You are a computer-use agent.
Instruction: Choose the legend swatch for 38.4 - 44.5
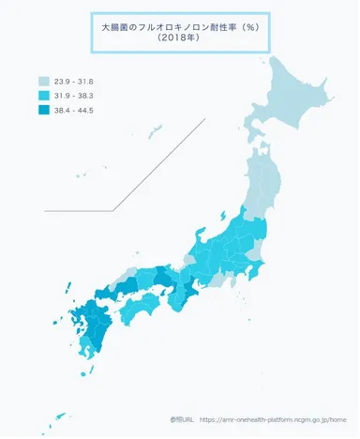[44, 111]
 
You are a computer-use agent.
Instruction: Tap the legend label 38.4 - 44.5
[75, 111]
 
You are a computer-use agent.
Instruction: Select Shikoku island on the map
[145, 306]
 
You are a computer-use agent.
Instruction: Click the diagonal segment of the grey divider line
[159, 164]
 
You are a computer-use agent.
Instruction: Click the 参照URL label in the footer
[182, 421]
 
